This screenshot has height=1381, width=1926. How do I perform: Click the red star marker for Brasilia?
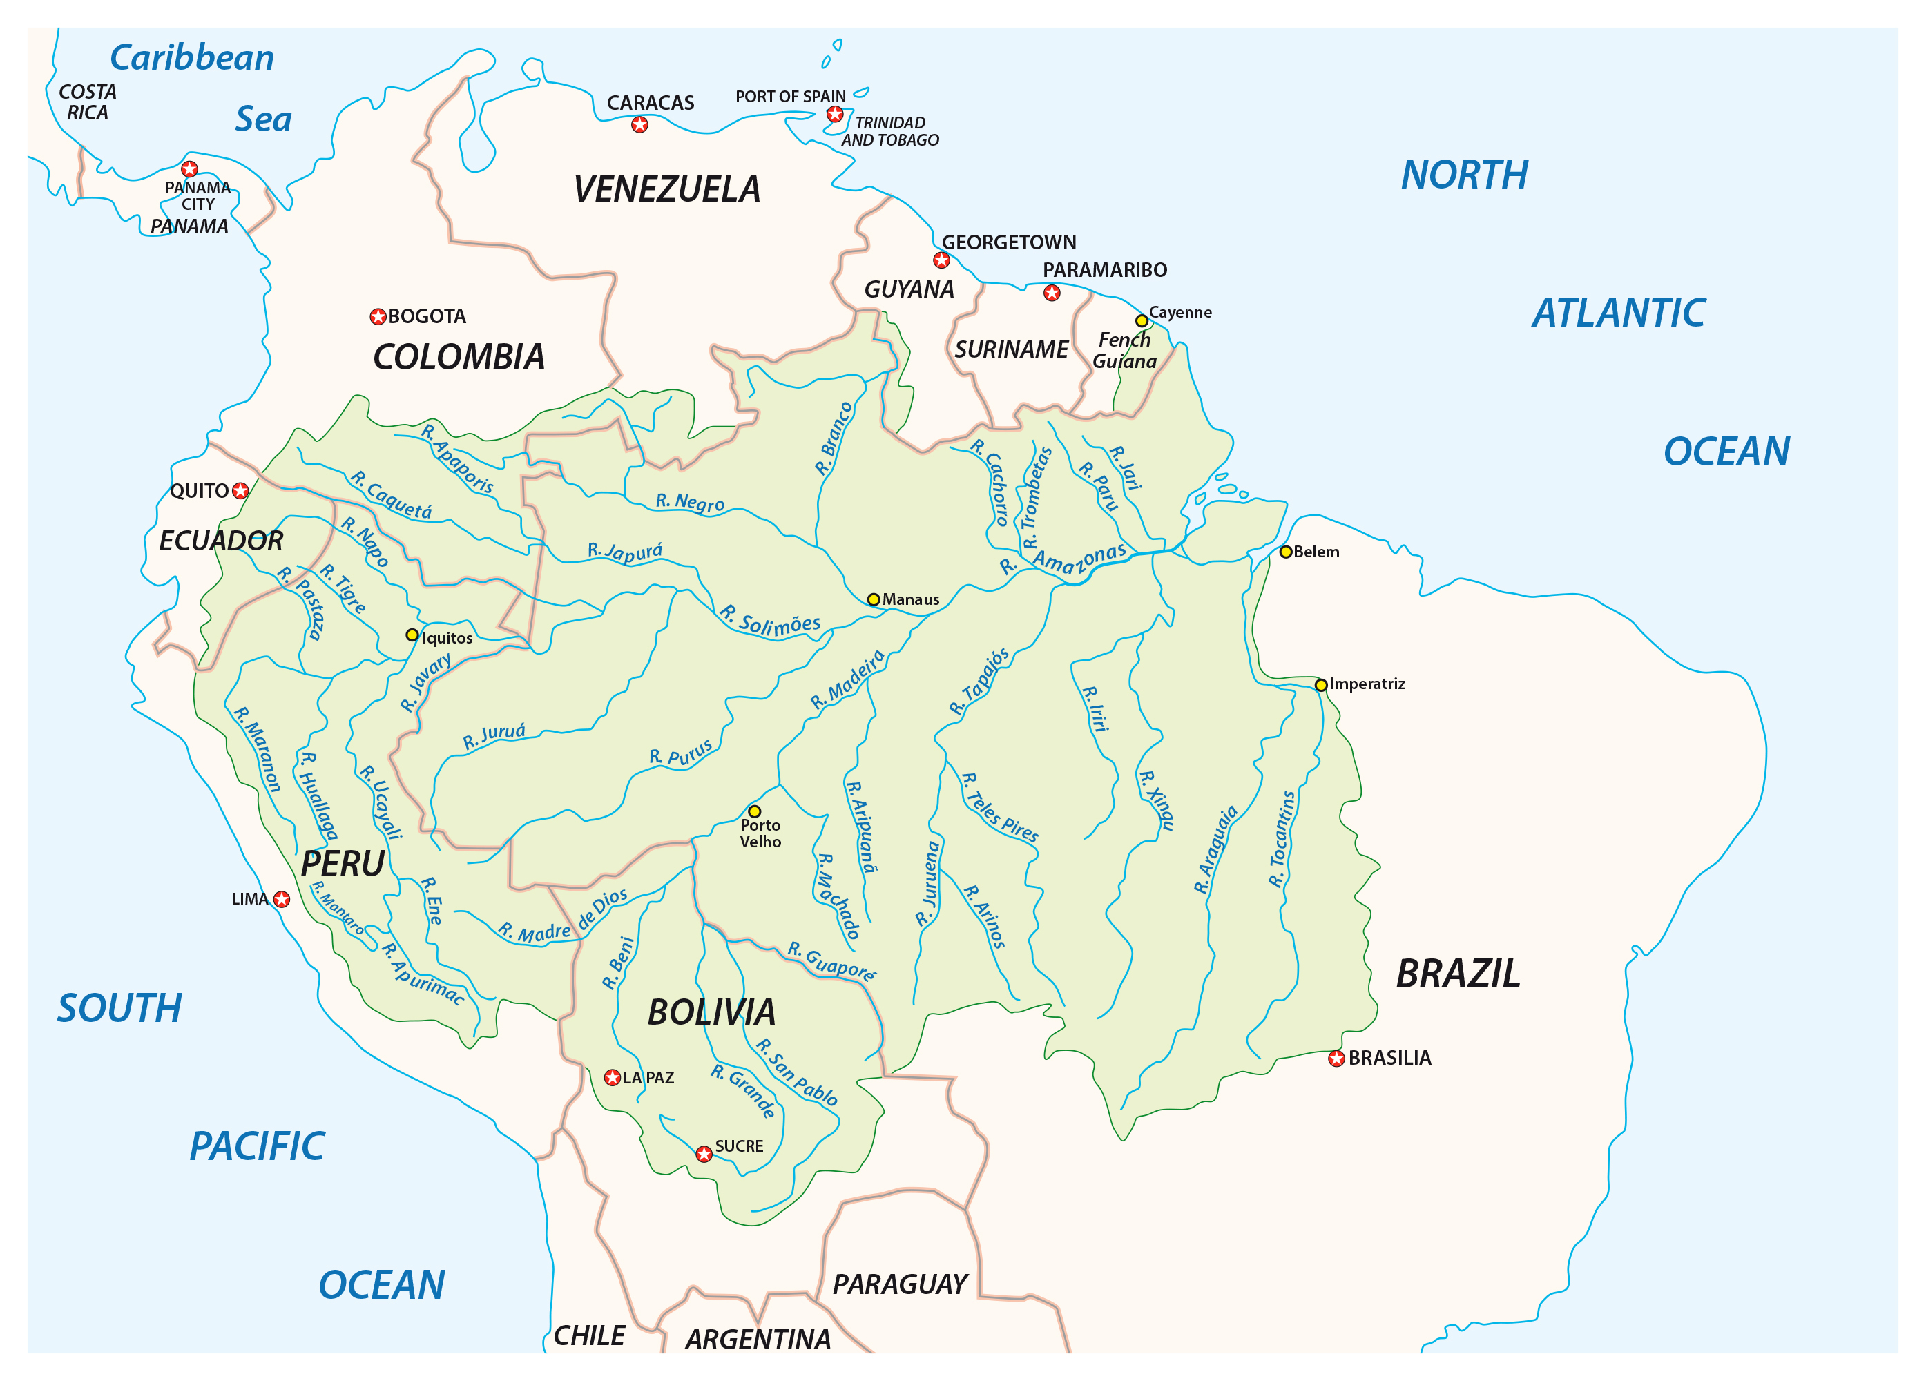[x=1336, y=1059]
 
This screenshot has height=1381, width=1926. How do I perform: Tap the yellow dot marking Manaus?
[x=873, y=599]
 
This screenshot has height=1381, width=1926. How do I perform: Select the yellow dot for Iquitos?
[x=412, y=635]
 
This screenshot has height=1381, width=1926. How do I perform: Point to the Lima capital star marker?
[x=281, y=900]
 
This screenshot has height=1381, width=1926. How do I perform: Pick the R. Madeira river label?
[x=847, y=679]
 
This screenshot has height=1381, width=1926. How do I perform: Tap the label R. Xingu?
[x=1157, y=800]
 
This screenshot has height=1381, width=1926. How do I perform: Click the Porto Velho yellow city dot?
[x=754, y=811]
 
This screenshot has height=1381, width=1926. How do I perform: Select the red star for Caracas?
[x=639, y=125]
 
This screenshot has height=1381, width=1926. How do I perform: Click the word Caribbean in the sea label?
[x=192, y=58]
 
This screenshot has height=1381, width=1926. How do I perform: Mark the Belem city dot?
[x=1286, y=552]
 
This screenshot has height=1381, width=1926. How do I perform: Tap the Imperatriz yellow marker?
[x=1320, y=684]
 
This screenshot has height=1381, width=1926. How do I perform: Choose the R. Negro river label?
[x=690, y=502]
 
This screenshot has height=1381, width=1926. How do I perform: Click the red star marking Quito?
[x=240, y=491]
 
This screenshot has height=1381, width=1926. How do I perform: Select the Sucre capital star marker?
[x=703, y=1153]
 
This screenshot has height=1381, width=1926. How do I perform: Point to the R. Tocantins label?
[x=1282, y=839]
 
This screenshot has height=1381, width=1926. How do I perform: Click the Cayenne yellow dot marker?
[x=1142, y=321]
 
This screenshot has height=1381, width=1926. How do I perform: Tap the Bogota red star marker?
[x=378, y=317]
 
